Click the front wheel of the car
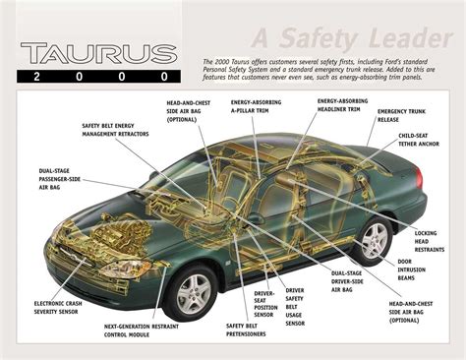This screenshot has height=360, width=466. [x=194, y=291]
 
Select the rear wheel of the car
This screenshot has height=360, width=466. [x=375, y=240]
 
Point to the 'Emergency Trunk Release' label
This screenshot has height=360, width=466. [x=399, y=115]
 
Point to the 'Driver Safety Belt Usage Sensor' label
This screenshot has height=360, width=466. [x=295, y=306]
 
